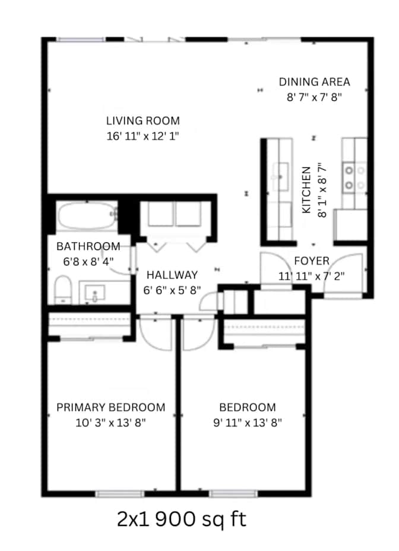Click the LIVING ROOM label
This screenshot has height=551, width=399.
(143, 121)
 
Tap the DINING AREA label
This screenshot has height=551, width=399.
(314, 82)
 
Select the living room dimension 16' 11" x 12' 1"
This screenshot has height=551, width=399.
(143, 136)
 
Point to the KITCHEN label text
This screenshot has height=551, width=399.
(306, 190)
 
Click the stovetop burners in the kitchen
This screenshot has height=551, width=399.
(354, 178)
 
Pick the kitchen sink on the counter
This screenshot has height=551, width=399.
(280, 177)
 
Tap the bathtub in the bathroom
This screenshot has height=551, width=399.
(87, 216)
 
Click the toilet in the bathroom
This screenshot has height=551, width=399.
(63, 290)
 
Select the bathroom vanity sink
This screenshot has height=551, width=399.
(95, 293)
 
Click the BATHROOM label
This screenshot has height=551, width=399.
(88, 246)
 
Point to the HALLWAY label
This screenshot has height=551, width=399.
(172, 275)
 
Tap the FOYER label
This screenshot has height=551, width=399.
(312, 261)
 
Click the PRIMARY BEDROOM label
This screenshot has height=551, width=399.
(111, 407)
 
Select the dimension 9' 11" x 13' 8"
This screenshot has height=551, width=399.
(248, 422)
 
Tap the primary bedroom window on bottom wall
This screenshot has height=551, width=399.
(120, 494)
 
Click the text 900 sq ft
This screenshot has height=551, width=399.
(201, 519)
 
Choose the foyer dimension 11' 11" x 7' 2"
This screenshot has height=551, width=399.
(312, 276)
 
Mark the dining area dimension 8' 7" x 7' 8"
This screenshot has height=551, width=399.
(314, 97)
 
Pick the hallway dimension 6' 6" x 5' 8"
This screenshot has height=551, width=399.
(172, 290)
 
